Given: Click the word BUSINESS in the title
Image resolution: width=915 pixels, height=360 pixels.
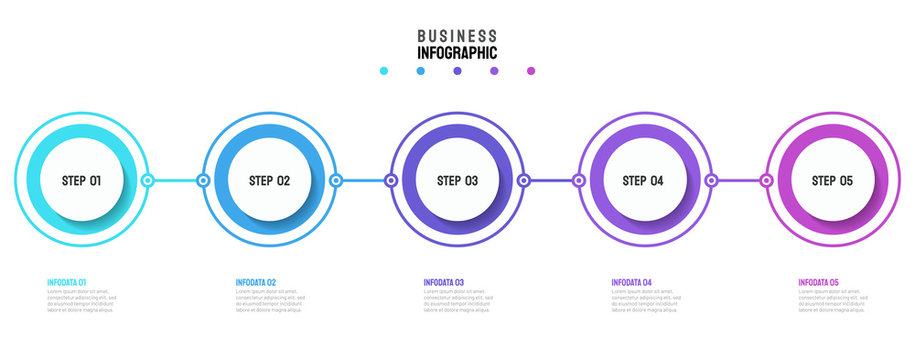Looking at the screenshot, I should pos(457,35).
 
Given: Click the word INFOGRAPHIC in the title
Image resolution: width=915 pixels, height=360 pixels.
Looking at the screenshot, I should pos(457,52).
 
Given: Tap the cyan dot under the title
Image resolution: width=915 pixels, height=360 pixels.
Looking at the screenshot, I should pos(384,71).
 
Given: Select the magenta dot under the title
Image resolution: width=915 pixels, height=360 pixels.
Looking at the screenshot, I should pos(531,71).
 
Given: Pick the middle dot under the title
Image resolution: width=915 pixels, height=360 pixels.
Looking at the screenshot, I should pos(457,71).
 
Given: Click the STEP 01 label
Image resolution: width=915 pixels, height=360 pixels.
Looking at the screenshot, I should pos(81,181).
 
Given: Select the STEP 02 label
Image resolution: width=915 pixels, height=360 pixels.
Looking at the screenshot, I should pos(269,181).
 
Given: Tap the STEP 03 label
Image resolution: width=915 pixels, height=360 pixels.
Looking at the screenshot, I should pos(457,181).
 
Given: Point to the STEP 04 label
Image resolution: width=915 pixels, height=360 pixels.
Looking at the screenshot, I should pos(643,181).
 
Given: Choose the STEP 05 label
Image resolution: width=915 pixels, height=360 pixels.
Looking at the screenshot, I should pos(832,181).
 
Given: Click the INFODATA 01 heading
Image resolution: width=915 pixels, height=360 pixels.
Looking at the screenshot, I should pos(67,283).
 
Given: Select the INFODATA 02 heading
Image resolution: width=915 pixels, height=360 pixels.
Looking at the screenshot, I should pos(256,283).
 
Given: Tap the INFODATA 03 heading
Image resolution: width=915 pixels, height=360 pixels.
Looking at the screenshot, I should pos(444,283).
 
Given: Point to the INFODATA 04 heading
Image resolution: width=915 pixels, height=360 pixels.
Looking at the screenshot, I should pos(632,283).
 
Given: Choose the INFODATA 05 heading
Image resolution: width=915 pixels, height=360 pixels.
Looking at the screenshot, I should pos(819,283).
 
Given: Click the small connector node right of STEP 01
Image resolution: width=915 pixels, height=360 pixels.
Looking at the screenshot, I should pos(148,181).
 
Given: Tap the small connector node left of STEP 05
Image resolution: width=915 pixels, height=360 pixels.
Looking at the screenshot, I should pos(766,181).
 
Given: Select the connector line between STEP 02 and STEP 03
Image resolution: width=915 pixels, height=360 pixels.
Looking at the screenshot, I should pos(364,181).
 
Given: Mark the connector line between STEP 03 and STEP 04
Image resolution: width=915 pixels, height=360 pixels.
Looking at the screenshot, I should pos(551,181).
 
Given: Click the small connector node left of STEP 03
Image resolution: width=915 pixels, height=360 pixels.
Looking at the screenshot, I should pos(391,181).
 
